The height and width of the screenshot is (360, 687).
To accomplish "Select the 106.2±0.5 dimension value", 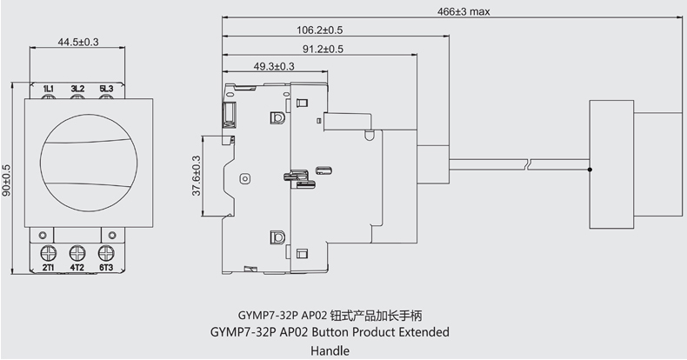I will tap(320, 30).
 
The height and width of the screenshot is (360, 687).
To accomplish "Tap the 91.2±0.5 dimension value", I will tap(323, 49).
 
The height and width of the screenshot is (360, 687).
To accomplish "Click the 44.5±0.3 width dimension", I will tap(77, 42).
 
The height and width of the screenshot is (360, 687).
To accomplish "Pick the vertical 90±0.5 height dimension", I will tap(7, 179).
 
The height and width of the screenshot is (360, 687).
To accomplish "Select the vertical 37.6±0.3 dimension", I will tap(196, 174).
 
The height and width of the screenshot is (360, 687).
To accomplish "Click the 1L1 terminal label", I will tap(49, 89).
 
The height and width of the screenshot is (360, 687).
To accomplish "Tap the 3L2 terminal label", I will tap(77, 89).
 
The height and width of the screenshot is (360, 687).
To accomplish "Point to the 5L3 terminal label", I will tap(106, 89).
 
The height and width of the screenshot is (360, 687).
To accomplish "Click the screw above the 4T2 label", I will tap(77, 253).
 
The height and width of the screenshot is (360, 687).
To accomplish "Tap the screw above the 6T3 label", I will tap(106, 253).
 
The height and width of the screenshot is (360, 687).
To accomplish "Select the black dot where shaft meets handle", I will tap(590, 170).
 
